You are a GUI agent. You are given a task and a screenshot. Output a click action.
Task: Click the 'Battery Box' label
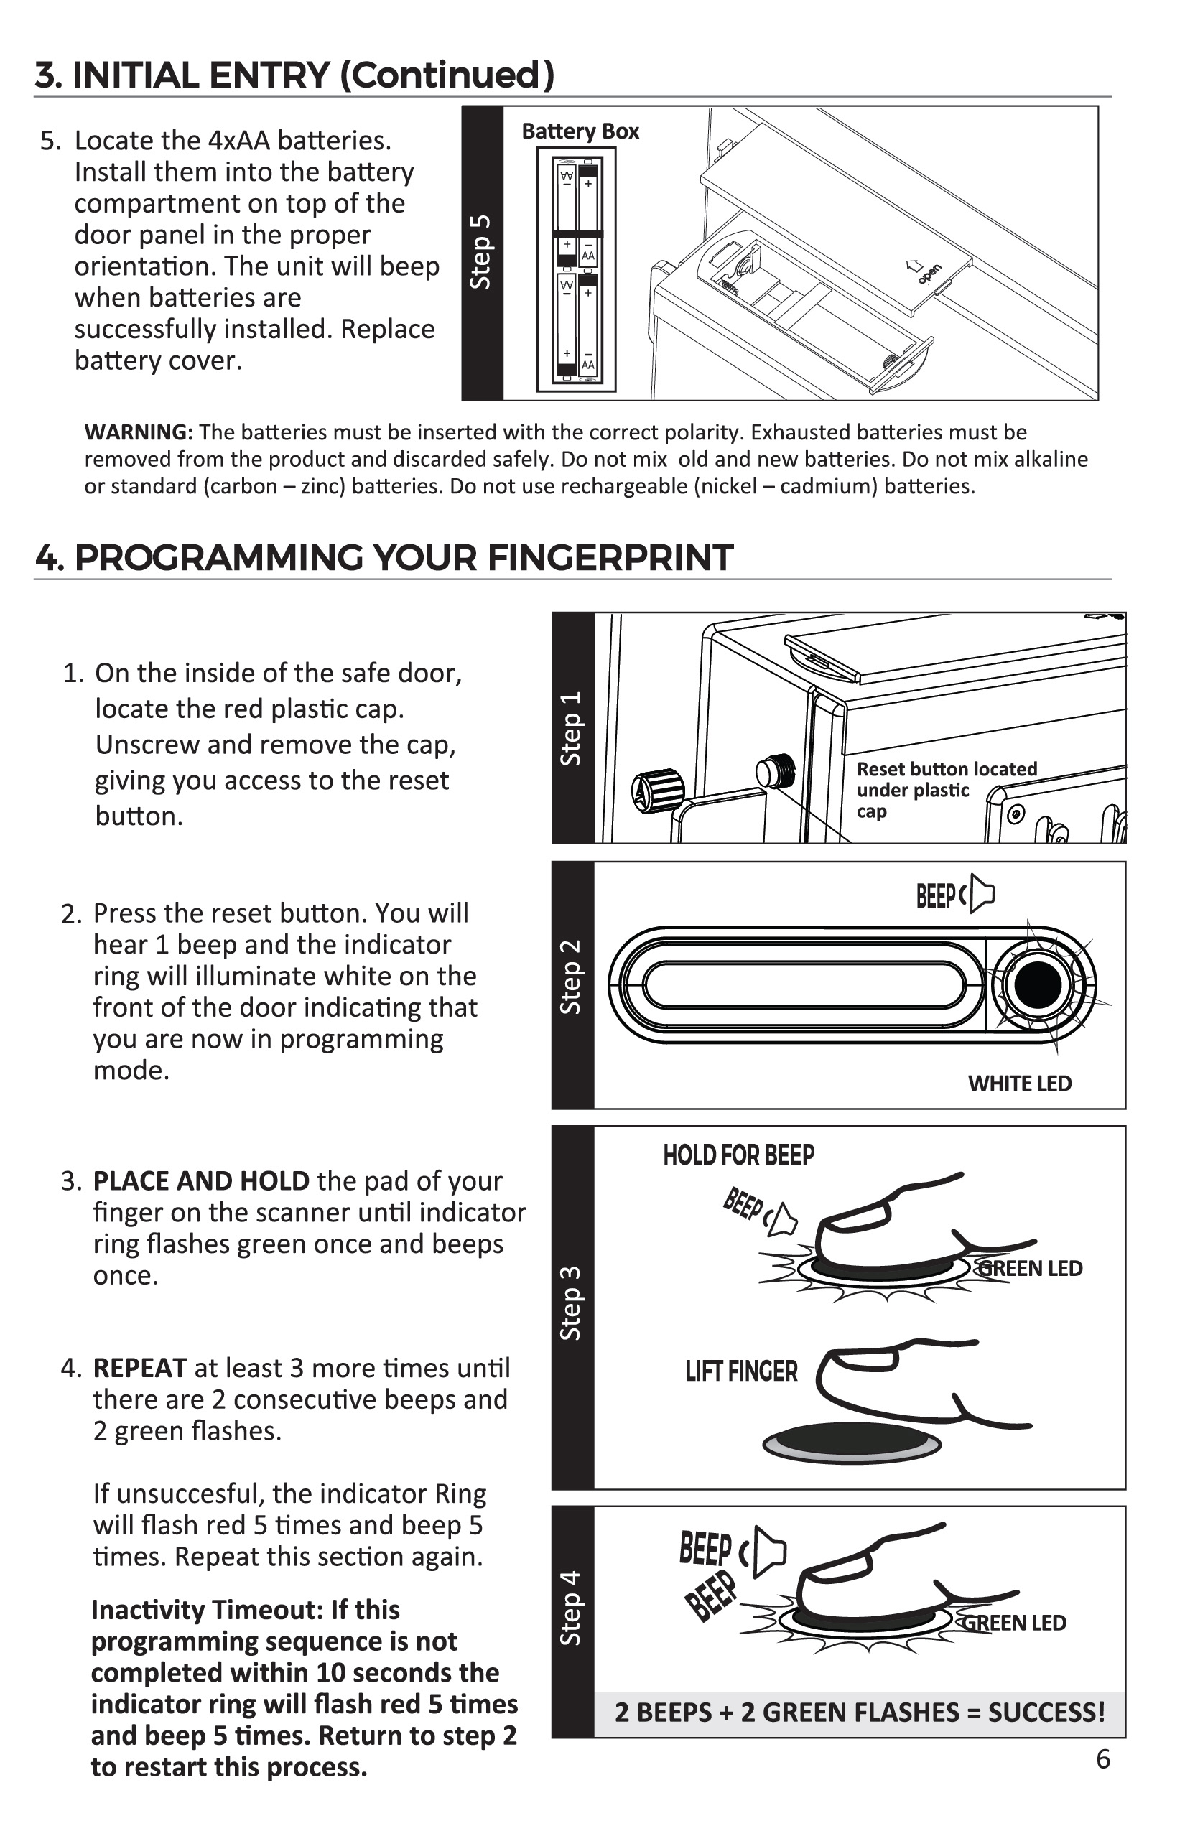[580, 131]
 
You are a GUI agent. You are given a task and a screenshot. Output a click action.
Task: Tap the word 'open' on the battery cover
[929, 274]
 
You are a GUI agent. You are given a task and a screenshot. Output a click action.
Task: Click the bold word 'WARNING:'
[139, 432]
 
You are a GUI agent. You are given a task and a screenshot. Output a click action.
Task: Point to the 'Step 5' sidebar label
[481, 252]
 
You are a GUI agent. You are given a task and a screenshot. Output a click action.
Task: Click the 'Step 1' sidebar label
[571, 729]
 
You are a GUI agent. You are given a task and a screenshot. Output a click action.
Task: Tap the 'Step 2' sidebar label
[571, 977]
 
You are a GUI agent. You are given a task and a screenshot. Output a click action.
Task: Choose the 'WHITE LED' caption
[1020, 1084]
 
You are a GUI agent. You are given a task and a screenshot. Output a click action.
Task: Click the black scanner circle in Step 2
[1038, 985]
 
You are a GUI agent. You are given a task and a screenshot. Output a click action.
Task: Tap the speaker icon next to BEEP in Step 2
[981, 894]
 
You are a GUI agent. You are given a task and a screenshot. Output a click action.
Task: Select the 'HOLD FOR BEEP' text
[738, 1155]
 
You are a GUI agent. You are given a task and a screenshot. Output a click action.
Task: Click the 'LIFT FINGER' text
[741, 1371]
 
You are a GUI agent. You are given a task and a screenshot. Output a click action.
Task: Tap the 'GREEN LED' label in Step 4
[1016, 1623]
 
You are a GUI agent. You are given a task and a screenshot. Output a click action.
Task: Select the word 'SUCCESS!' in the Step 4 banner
[1046, 1713]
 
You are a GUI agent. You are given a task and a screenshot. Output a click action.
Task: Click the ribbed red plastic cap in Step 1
[659, 790]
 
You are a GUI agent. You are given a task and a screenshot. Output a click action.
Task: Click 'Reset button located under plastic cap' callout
[947, 790]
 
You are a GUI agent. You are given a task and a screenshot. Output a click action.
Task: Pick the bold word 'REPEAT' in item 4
[139, 1369]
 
